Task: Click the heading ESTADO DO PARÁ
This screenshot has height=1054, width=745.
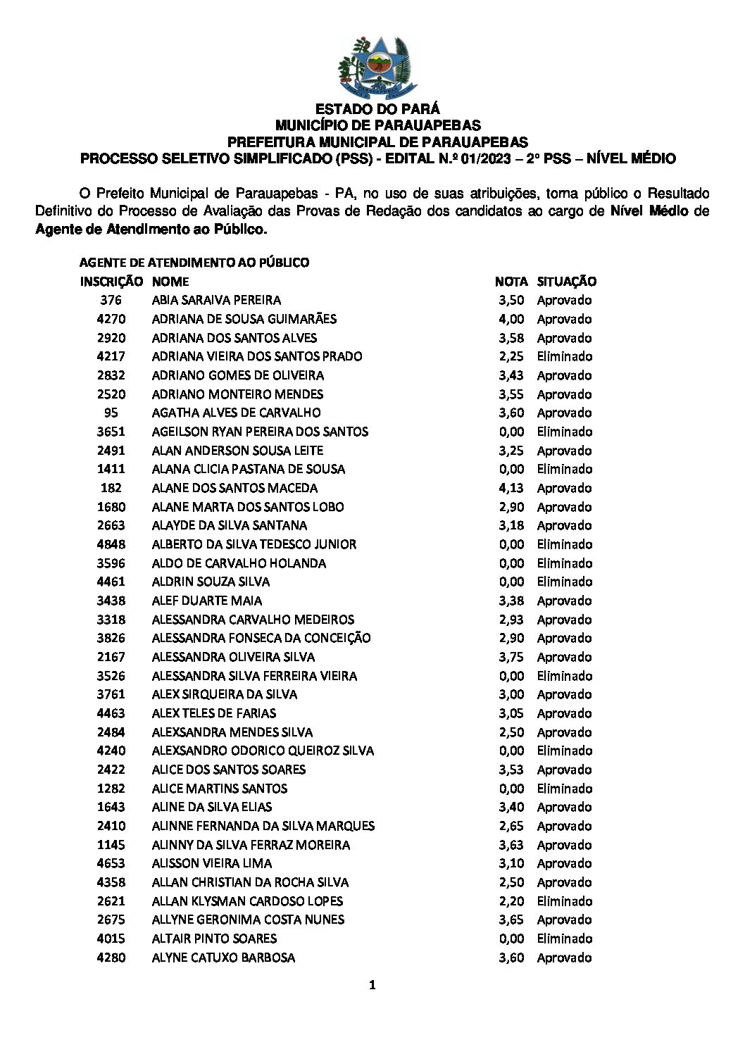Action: click(377, 109)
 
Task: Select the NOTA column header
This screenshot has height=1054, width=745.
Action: click(511, 282)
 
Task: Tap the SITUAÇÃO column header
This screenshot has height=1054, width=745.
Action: click(566, 282)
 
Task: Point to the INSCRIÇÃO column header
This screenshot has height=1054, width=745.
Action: click(111, 282)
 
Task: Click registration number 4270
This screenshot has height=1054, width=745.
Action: click(111, 319)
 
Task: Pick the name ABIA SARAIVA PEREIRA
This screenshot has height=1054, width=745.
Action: click(216, 300)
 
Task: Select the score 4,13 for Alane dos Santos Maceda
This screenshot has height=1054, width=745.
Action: click(511, 488)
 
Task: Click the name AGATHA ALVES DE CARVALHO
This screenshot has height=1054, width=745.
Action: click(236, 413)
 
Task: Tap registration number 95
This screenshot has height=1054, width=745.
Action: click(111, 413)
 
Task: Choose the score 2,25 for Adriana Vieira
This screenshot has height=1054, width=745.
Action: click(511, 356)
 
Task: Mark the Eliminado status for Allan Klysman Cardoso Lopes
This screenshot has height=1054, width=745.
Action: click(564, 901)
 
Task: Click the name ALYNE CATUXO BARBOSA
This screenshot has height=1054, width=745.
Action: click(223, 958)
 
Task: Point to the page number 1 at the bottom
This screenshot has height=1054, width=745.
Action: click(372, 986)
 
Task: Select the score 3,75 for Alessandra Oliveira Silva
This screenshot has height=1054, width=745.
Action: click(511, 657)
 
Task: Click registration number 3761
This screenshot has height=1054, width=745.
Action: click(111, 694)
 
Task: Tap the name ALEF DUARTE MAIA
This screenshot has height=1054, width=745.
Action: click(206, 601)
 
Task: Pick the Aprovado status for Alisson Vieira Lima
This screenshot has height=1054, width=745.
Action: click(564, 863)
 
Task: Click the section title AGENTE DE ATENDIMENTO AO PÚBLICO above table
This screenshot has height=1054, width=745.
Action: click(194, 263)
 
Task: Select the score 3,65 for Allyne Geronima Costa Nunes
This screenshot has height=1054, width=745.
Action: click(511, 920)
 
